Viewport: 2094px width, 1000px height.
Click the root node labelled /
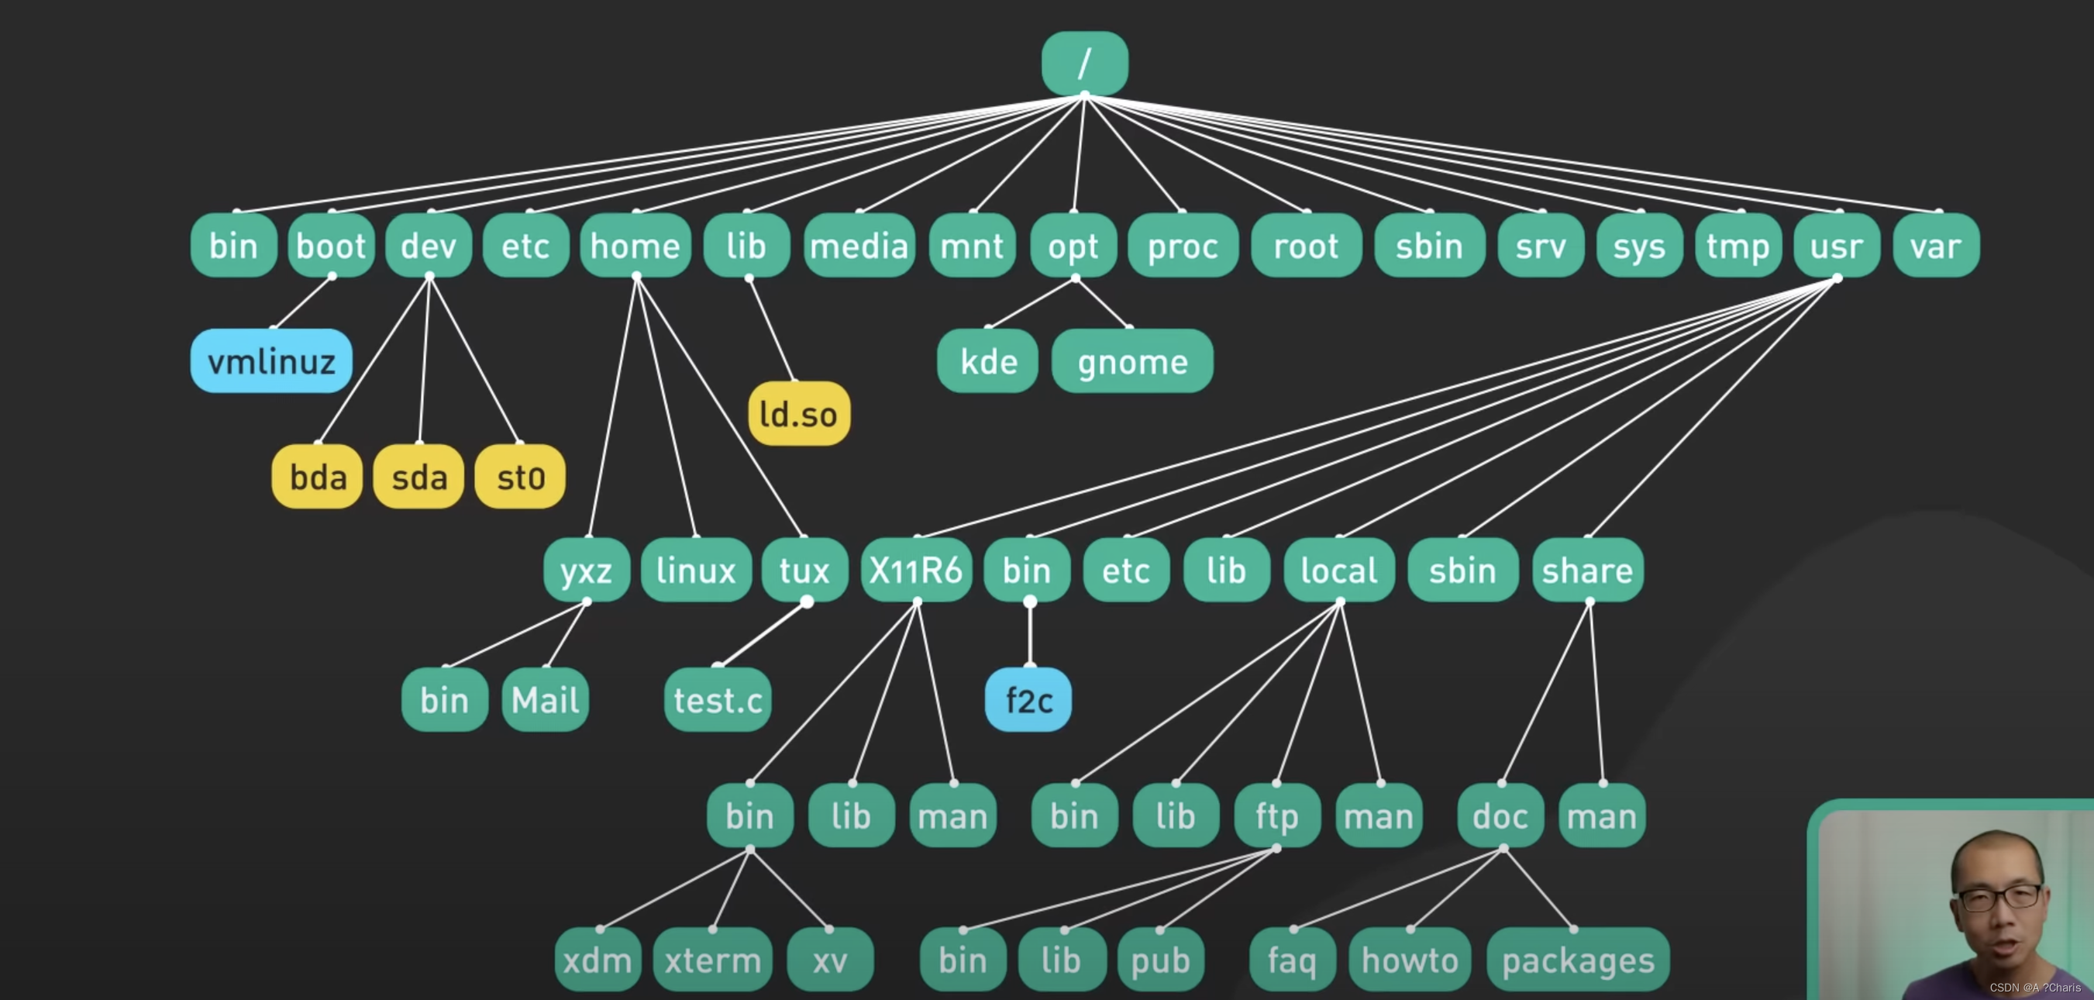1084,63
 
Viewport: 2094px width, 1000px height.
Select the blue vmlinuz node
270,361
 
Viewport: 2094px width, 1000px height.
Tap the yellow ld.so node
798,414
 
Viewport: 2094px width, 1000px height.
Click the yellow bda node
317,477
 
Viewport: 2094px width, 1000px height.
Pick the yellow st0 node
520,477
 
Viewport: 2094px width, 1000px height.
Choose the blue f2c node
1028,699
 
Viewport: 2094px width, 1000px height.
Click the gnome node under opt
1131,361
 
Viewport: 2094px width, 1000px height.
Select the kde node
987,361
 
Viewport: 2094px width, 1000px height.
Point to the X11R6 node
915,570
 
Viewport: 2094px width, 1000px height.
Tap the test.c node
718,699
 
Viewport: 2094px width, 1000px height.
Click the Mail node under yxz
545,699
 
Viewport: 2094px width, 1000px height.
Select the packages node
1577,960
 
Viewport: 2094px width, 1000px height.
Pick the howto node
1410,960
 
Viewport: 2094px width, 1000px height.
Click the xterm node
712,960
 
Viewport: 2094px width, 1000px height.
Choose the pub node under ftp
1160,960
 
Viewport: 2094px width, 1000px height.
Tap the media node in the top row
859,246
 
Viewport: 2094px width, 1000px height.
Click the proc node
1183,246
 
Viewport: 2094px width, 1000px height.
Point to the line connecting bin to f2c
1030,634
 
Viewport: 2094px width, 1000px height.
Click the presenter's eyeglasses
1999,898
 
